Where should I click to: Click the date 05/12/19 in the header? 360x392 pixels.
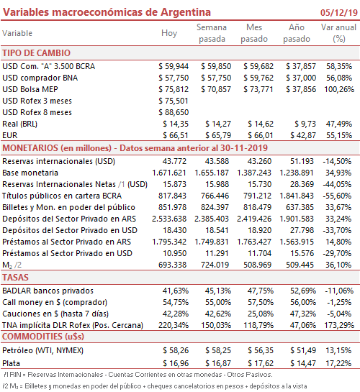click(x=339, y=12)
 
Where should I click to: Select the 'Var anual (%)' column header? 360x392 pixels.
click(x=338, y=33)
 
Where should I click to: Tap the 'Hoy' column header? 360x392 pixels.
click(x=169, y=33)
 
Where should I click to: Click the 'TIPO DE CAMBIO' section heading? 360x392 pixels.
click(x=37, y=53)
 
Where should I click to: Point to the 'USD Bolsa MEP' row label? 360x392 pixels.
click(x=30, y=89)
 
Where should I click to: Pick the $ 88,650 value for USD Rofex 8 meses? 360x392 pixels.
click(x=174, y=112)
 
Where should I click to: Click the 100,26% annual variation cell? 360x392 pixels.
click(x=339, y=89)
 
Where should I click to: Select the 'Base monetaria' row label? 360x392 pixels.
click(x=30, y=173)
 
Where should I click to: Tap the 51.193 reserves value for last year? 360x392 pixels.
click(x=302, y=161)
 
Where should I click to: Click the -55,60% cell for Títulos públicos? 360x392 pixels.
click(x=337, y=196)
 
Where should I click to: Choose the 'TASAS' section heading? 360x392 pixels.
click(x=16, y=278)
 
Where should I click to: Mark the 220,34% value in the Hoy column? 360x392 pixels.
click(x=174, y=325)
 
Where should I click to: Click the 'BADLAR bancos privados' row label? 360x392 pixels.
click(x=48, y=291)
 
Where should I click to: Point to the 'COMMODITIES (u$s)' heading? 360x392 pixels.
click(x=43, y=337)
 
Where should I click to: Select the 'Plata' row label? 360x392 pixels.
click(x=11, y=363)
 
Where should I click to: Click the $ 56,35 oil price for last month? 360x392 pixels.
click(x=261, y=350)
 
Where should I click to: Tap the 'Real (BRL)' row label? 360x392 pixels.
click(x=19, y=124)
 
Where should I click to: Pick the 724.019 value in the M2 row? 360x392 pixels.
click(x=215, y=265)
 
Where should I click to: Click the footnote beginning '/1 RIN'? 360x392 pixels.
click(x=138, y=375)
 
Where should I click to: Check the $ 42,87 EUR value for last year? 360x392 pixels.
click(x=303, y=135)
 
